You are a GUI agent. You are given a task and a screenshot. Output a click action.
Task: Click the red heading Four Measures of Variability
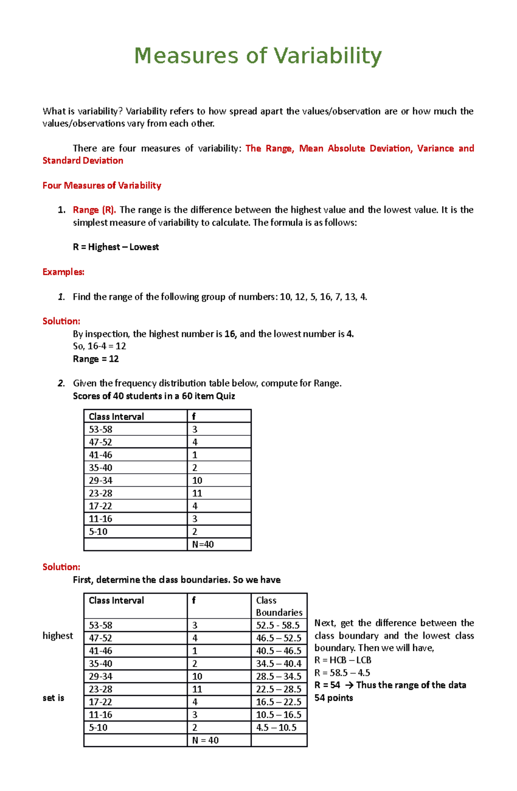click(x=102, y=185)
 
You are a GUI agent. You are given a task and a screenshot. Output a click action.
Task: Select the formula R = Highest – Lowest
click(x=115, y=247)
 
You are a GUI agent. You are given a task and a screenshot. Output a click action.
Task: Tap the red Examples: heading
click(x=63, y=272)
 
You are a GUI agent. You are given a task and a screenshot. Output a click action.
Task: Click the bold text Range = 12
click(x=96, y=359)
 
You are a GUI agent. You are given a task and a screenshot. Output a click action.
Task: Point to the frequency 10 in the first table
click(x=197, y=480)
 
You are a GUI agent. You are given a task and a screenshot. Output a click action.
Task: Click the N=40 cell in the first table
click(x=203, y=544)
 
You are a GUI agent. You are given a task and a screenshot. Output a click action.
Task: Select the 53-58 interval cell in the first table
click(x=100, y=429)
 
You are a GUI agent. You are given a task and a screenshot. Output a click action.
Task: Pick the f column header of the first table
click(x=194, y=416)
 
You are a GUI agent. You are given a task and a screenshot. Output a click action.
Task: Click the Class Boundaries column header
click(x=279, y=606)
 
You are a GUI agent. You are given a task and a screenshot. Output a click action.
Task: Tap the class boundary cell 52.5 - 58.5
click(x=278, y=625)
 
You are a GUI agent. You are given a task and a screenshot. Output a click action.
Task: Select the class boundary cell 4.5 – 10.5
click(x=276, y=728)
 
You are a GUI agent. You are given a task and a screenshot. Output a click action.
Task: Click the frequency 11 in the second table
click(x=197, y=689)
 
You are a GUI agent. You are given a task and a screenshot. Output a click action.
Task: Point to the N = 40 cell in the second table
click(x=205, y=740)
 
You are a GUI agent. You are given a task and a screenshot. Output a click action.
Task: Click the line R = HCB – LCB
click(x=343, y=660)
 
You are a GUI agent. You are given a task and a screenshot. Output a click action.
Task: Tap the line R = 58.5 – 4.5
click(x=342, y=672)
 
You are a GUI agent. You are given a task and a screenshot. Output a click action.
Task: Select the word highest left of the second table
click(x=58, y=636)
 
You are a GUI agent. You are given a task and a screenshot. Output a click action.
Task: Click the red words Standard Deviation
click(x=83, y=161)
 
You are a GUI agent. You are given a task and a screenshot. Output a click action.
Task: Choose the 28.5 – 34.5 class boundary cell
click(x=279, y=676)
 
